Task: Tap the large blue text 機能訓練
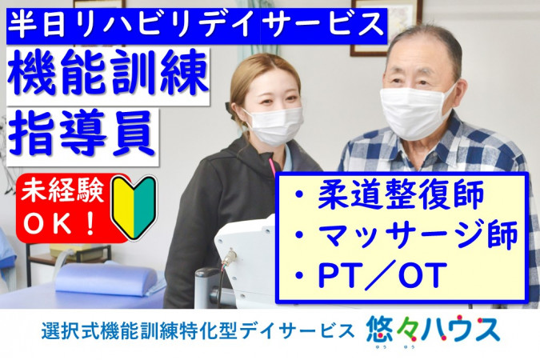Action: pos(108,73)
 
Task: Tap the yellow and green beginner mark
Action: pos(134,208)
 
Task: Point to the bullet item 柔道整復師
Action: pos(390,194)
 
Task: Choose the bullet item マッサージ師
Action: pos(406,234)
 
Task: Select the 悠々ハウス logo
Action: pos(433,331)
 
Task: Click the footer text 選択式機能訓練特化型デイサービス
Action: pos(198,331)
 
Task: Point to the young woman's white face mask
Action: pos(274,126)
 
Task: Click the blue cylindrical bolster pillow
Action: pos(106,278)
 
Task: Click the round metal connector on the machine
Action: pos(230,256)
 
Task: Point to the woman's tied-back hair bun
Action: pos(230,111)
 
